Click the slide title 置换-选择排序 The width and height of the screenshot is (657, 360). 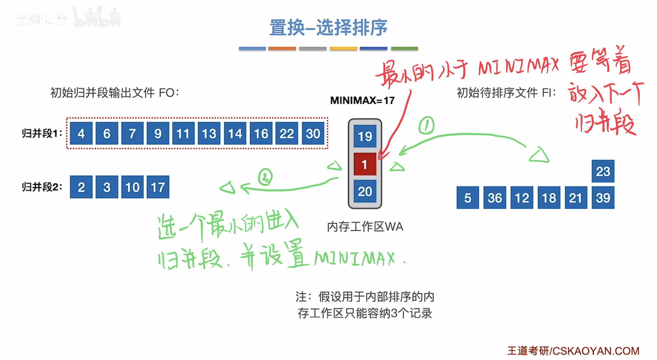tap(328, 28)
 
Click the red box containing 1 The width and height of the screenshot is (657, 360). tap(365, 164)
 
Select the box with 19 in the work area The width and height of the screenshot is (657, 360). tap(365, 136)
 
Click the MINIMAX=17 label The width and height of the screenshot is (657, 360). tap(362, 100)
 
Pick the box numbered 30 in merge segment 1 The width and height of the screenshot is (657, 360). tap(313, 133)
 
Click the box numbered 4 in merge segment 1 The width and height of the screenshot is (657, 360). tap(81, 133)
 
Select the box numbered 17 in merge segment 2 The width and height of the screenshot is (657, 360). tap(158, 187)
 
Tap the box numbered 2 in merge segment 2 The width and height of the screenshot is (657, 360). tap(81, 187)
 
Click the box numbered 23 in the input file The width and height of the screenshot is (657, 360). tap(603, 171)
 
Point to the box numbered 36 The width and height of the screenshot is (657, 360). tap(494, 198)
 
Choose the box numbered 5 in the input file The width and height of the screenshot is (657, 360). tap(467, 198)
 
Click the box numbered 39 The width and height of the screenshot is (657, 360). tap(603, 198)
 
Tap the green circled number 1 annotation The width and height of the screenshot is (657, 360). tap(426, 126)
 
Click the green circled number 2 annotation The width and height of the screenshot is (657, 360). tap(265, 177)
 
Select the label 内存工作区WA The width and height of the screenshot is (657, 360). tap(365, 227)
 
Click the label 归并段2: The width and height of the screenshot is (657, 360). tap(42, 187)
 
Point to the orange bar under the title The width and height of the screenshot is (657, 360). tap(282, 48)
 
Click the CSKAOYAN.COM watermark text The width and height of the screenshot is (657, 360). tap(596, 351)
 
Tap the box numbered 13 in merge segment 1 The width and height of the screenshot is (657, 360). tap(209, 133)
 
